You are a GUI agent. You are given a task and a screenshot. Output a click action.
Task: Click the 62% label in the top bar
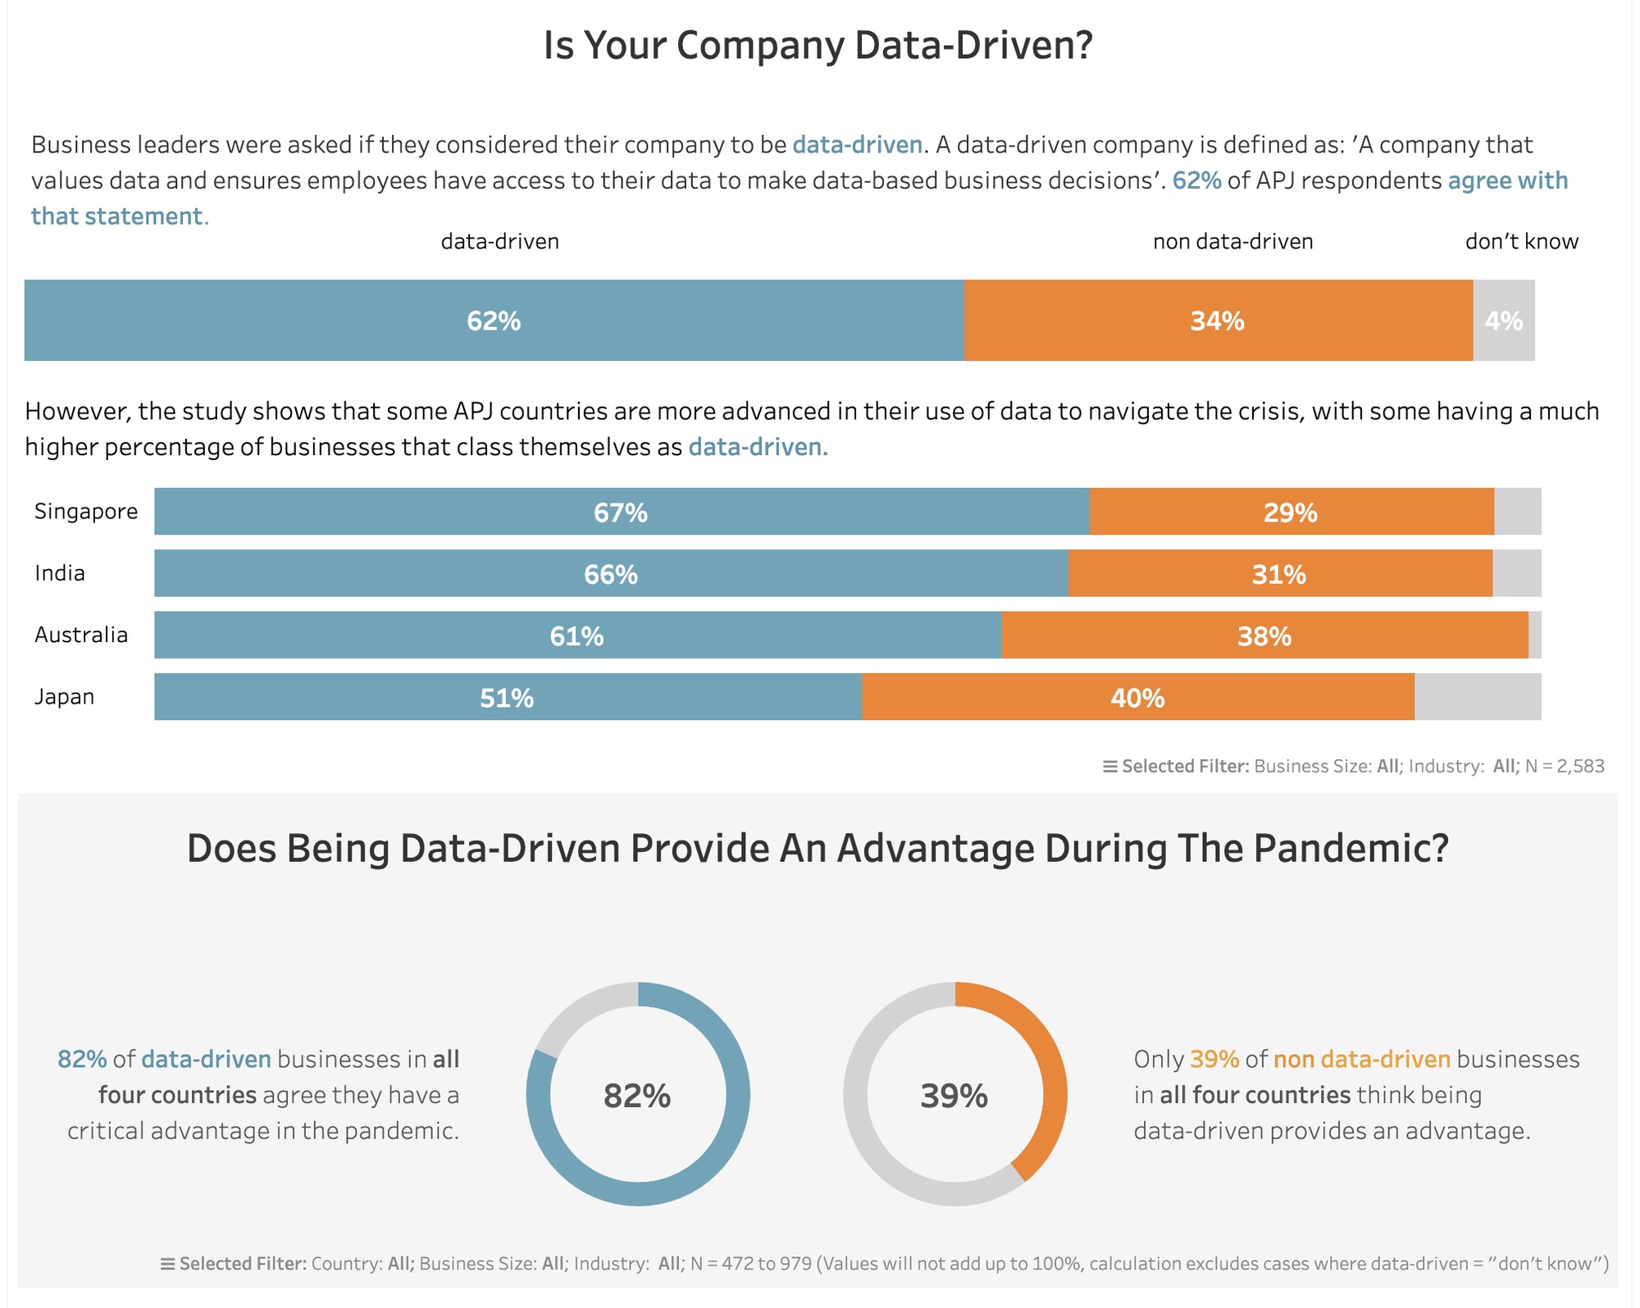(x=494, y=321)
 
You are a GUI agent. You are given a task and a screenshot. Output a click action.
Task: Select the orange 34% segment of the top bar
(x=1218, y=321)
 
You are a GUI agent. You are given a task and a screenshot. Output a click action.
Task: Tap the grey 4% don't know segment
(x=1503, y=321)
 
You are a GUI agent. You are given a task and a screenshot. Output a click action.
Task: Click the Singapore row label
(x=86, y=512)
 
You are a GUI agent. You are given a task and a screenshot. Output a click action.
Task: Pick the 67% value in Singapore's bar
(x=621, y=513)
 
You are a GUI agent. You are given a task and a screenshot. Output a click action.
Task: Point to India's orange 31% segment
(x=1279, y=574)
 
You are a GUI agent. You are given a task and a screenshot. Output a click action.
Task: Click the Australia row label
(x=81, y=635)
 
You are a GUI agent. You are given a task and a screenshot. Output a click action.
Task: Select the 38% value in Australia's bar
(x=1264, y=636)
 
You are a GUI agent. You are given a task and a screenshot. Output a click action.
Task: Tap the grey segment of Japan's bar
(x=1477, y=697)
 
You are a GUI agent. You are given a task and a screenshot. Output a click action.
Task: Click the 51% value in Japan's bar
(x=507, y=698)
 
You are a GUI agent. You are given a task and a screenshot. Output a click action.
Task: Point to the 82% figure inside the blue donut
(x=637, y=1096)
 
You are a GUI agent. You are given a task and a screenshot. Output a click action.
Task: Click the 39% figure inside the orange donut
(x=954, y=1096)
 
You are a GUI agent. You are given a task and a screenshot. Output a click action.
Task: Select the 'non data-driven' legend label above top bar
(x=1232, y=241)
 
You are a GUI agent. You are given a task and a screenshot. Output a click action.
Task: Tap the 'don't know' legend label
(x=1521, y=241)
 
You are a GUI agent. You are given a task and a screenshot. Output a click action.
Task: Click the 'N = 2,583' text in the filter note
(x=1564, y=766)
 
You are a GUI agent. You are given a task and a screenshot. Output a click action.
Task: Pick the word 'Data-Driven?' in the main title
(x=973, y=45)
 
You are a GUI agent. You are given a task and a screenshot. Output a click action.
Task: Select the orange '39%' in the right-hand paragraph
(x=1214, y=1060)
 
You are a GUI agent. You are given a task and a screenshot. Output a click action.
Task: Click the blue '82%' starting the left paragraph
(x=82, y=1060)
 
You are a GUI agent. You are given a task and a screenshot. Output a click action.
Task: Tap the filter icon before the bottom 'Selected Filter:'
(x=167, y=1264)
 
